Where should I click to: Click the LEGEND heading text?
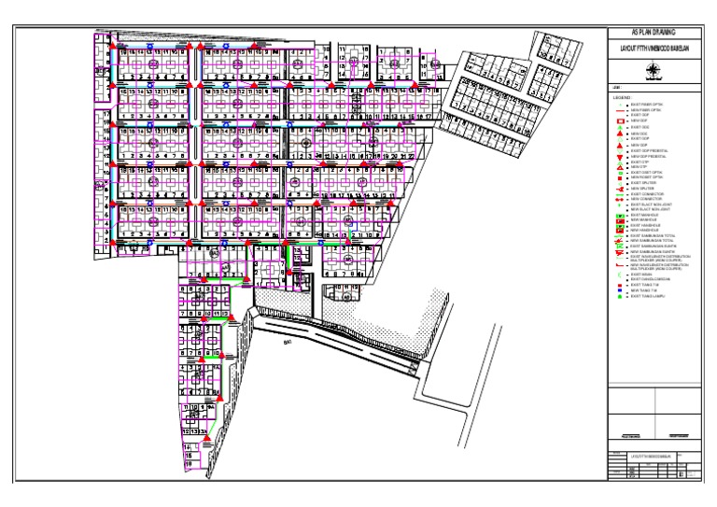coord(621,97)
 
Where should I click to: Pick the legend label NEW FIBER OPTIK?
coord(645,109)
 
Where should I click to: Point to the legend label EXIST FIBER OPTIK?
coord(645,104)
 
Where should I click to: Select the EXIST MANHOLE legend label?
coord(644,214)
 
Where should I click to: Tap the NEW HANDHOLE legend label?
coord(644,230)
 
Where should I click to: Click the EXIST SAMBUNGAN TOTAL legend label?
coord(650,235)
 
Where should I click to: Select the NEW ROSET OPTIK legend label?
coord(646,176)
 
